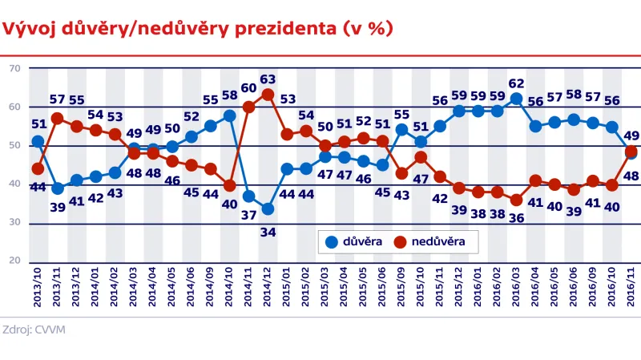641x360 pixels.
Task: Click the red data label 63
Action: (x=268, y=79)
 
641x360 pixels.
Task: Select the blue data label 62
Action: (x=516, y=83)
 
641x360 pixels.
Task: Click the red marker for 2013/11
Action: (x=58, y=118)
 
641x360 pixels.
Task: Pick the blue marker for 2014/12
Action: (x=268, y=209)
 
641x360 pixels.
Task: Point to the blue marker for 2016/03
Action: (x=516, y=99)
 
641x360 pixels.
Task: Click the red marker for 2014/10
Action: (x=230, y=185)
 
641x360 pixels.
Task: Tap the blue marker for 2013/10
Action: (x=38, y=142)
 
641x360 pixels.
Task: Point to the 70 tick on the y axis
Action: (x=14, y=69)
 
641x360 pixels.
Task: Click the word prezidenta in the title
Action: (x=272, y=30)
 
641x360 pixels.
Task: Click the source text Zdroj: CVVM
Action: (x=34, y=329)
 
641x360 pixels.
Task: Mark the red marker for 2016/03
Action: (x=516, y=200)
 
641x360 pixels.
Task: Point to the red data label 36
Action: (x=516, y=217)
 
